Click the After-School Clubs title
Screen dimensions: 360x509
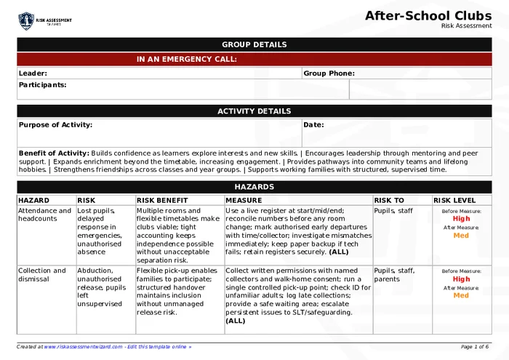coord(428,15)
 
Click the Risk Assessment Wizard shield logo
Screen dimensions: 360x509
coord(26,20)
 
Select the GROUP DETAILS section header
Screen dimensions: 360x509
coord(254,44)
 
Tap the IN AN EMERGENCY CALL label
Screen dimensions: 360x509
coord(186,60)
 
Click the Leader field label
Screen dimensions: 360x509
coord(33,73)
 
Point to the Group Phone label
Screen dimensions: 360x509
coord(329,73)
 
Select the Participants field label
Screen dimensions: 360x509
coord(42,85)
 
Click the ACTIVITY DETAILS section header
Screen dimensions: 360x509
coord(254,111)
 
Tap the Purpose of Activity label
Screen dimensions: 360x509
coord(55,125)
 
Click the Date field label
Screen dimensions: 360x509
coord(313,125)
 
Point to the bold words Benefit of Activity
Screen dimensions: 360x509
coord(54,153)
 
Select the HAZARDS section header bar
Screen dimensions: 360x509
coord(254,187)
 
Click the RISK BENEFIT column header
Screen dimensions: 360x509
coord(162,200)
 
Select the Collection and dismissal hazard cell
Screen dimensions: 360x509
coord(41,275)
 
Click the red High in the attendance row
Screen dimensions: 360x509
coord(461,218)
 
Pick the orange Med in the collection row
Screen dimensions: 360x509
coord(461,295)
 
